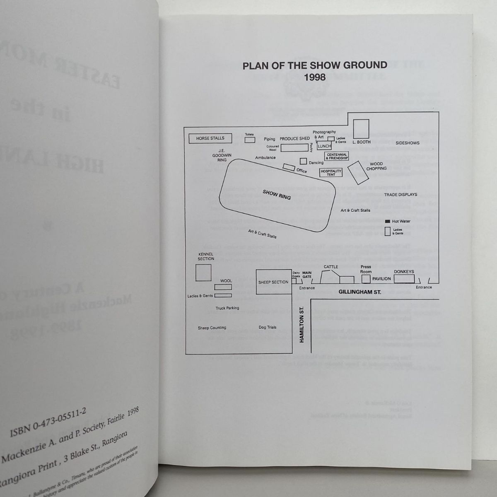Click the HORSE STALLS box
[210, 138]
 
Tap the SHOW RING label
[277, 194]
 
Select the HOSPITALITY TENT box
[331, 173]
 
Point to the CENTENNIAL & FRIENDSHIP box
[337, 156]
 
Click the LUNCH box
[324, 146]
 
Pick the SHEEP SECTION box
[273, 282]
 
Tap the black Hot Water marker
[388, 221]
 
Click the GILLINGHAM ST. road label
[359, 292]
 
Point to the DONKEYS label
[404, 272]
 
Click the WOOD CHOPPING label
[376, 166]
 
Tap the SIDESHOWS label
[407, 143]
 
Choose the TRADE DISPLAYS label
[400, 194]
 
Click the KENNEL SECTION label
[206, 256]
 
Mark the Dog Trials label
[267, 327]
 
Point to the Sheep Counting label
[212, 328]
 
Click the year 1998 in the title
[314, 77]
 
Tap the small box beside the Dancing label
[304, 161]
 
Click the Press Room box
[366, 279]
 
